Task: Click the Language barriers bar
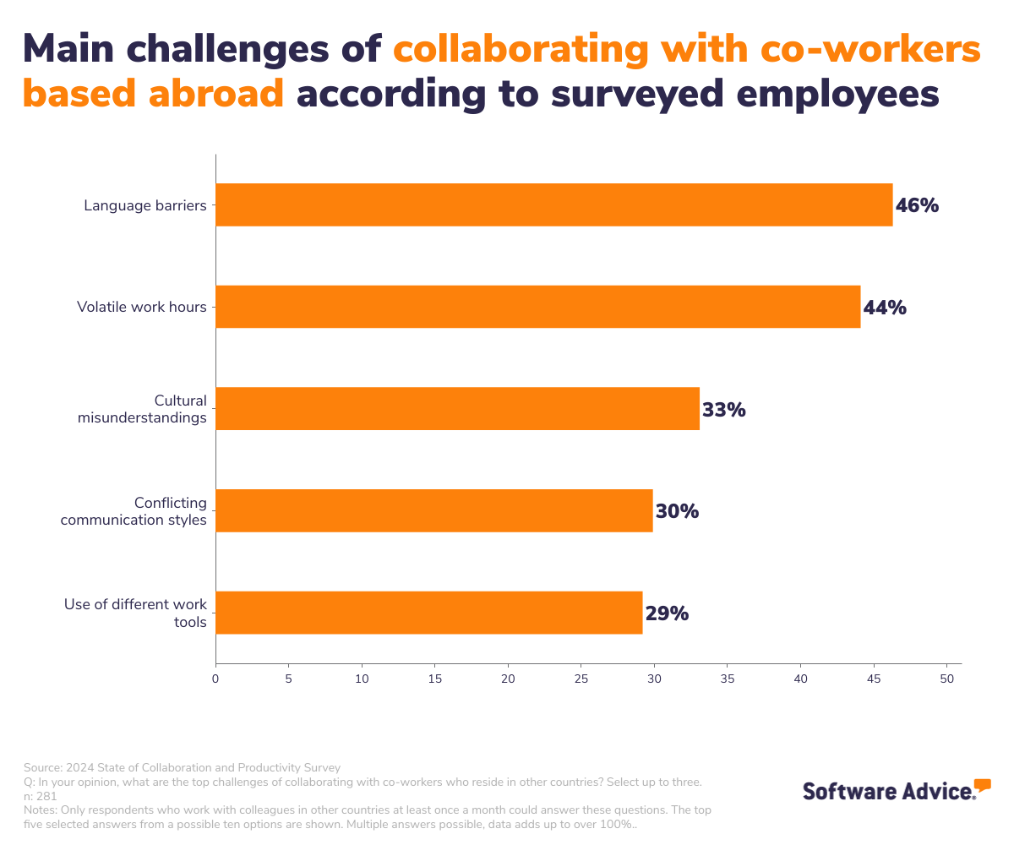pyautogui.click(x=553, y=204)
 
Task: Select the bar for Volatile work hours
pyautogui.click(x=537, y=307)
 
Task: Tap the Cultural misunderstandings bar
pyautogui.click(x=457, y=408)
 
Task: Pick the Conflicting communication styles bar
pyautogui.click(x=433, y=510)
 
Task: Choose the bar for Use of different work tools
pyautogui.click(x=428, y=613)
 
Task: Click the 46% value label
pyautogui.click(x=917, y=205)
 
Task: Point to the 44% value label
pyautogui.click(x=885, y=308)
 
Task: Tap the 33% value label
pyautogui.click(x=724, y=410)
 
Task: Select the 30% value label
pyautogui.click(x=677, y=511)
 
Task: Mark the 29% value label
pyautogui.click(x=667, y=613)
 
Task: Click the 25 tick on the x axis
pyautogui.click(x=581, y=679)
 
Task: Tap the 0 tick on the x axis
pyautogui.click(x=215, y=679)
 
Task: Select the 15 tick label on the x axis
pyautogui.click(x=435, y=679)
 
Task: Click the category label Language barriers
pyautogui.click(x=145, y=205)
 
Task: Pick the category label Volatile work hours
pyautogui.click(x=142, y=307)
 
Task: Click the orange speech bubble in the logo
pyautogui.click(x=982, y=785)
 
